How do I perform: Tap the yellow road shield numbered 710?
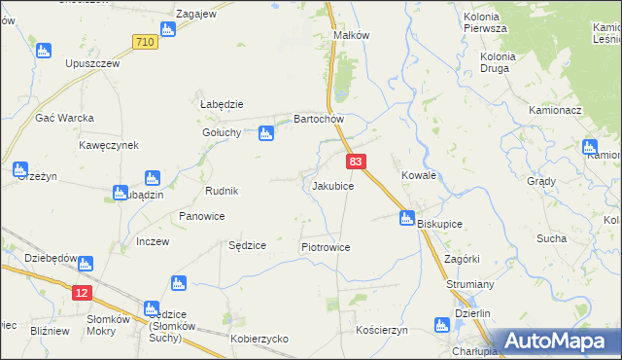point(145,42)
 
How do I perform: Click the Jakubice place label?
point(332,185)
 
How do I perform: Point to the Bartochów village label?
point(320,120)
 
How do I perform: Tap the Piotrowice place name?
point(326,247)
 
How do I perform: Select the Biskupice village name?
point(439,224)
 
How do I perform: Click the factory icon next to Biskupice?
point(407,220)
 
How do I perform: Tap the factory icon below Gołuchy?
point(265,136)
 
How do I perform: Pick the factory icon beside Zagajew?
point(167,29)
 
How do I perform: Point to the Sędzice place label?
point(247,245)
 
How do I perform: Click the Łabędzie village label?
point(221,104)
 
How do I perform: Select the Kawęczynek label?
point(109,145)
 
